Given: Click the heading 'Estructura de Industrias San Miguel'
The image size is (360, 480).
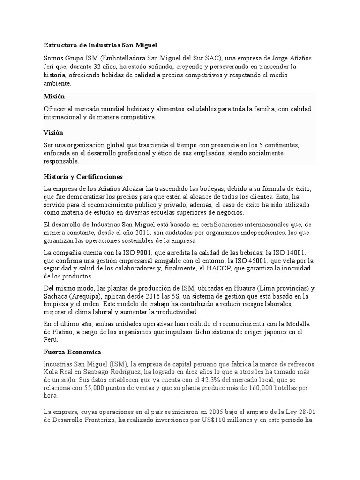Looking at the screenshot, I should [101, 45].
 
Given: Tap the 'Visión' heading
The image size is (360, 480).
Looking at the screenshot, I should [53, 133].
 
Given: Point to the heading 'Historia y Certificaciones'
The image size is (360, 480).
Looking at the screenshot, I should [83, 177].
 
